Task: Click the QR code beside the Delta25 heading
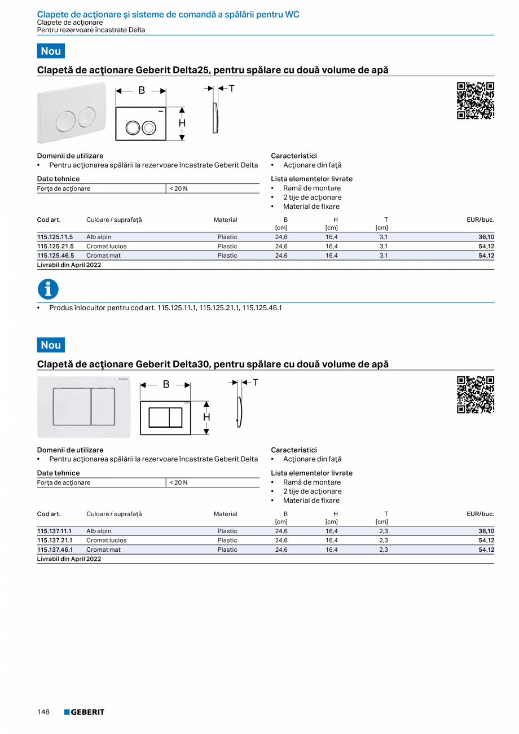point(475,100)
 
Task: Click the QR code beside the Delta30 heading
point(475,394)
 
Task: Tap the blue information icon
point(48,289)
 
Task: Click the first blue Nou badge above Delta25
point(51,51)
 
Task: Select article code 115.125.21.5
point(55,247)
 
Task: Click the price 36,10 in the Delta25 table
point(486,238)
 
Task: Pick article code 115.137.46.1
point(55,550)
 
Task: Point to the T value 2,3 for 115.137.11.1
point(383,531)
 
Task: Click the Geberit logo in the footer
point(84,712)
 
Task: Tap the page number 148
point(43,712)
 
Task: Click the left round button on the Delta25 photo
point(66,119)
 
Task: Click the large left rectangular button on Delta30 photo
point(72,407)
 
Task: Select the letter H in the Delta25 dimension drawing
point(182,123)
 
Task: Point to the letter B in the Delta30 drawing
point(166,384)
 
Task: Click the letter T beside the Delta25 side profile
point(231,89)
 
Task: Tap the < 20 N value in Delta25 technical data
point(178,188)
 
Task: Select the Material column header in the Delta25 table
point(225,219)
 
